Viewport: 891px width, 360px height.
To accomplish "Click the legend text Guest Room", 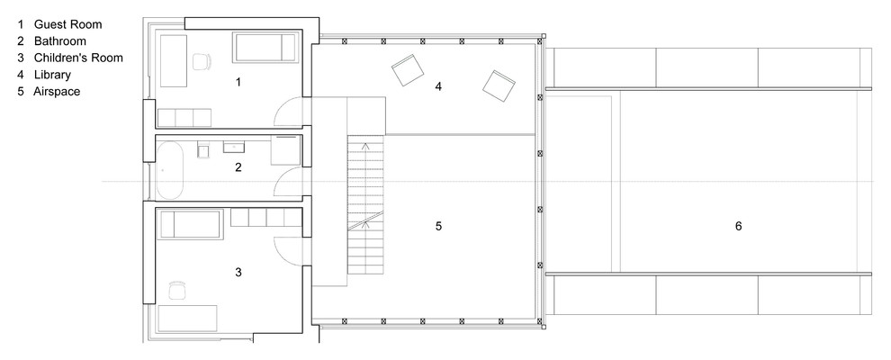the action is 67,24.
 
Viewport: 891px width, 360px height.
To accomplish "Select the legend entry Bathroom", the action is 59,40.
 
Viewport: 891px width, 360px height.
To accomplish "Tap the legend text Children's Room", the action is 78,58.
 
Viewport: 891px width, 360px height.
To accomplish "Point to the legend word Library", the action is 52,75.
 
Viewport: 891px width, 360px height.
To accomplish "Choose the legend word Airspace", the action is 57,92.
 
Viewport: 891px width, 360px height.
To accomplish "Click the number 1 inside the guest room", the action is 238,82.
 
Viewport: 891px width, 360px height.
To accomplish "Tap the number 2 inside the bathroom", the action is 238,166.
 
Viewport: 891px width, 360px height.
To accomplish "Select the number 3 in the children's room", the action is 238,273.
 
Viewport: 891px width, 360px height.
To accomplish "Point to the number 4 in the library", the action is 438,86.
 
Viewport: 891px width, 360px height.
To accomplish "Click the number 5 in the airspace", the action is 438,226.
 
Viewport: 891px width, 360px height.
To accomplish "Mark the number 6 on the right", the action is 738,226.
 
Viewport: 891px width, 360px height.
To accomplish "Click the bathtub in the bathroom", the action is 170,170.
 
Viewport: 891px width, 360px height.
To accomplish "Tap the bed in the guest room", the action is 265,48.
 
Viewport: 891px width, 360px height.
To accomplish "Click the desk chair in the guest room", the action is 202,62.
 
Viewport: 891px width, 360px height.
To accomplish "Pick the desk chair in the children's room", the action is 178,290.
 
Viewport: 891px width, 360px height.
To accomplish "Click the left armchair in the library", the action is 408,70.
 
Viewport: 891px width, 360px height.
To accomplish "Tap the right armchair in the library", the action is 499,87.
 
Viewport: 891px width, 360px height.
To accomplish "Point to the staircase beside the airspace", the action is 365,204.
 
